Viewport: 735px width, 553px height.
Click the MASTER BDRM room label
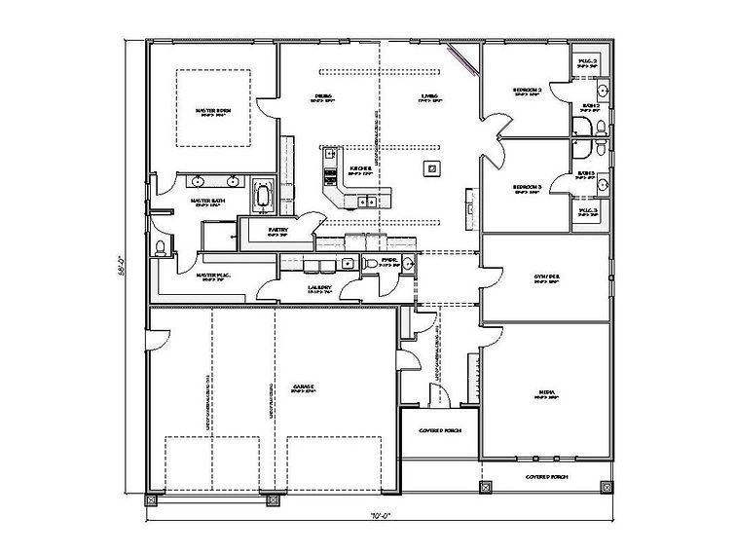(x=211, y=110)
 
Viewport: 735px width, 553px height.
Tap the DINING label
(x=324, y=95)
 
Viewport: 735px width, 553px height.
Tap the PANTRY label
(x=266, y=230)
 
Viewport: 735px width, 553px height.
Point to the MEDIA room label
(x=547, y=392)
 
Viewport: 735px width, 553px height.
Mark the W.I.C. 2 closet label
(x=587, y=61)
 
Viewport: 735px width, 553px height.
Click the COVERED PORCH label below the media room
(x=546, y=478)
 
